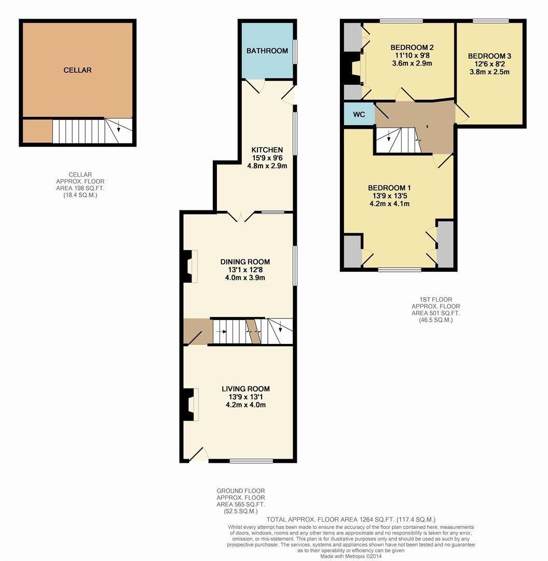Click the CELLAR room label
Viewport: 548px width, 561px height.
click(77, 70)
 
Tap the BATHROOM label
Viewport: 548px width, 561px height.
click(267, 51)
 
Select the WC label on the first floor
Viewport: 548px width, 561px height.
click(359, 114)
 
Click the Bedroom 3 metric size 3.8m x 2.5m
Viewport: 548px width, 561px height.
click(489, 72)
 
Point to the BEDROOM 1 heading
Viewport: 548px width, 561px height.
click(389, 188)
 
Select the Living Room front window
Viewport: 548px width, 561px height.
click(251, 461)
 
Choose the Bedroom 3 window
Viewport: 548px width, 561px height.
click(490, 21)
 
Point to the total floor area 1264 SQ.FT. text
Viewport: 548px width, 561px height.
click(351, 519)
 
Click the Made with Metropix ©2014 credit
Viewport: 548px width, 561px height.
click(350, 556)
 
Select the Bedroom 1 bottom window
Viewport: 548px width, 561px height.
click(399, 270)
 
